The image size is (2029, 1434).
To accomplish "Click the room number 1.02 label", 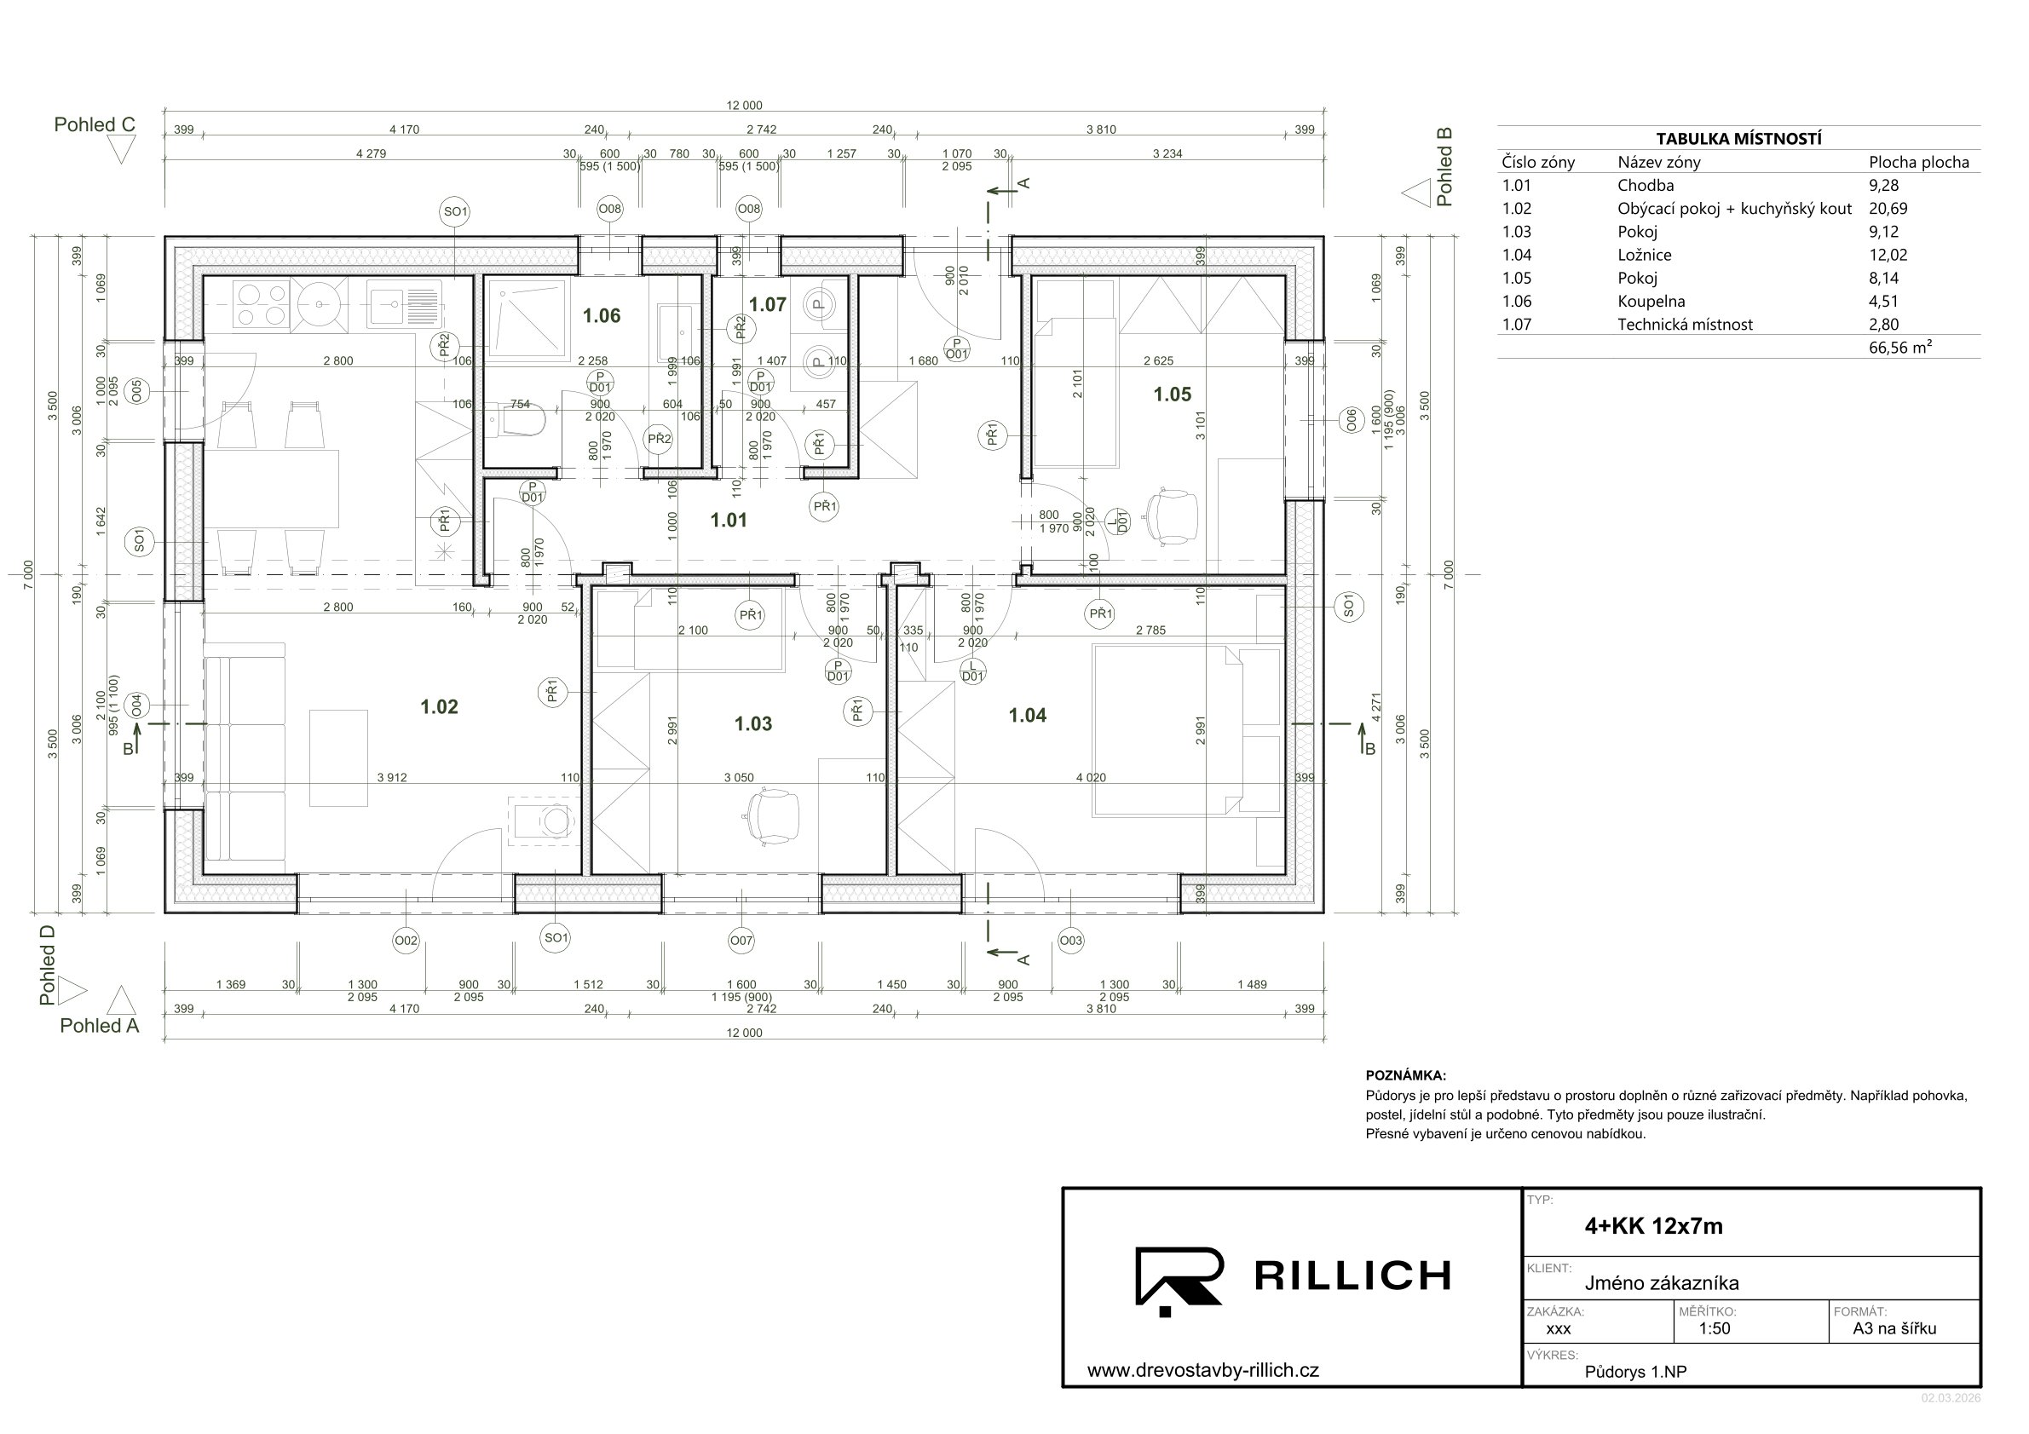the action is pos(439,707).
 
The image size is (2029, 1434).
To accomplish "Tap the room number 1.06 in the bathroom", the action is pos(601,315).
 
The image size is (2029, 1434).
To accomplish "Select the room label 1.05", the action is pos(1172,394).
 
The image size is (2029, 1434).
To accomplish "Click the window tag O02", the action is pos(406,941).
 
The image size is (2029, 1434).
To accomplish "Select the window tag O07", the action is pos(741,941).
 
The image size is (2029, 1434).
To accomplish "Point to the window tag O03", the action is pos(1070,941).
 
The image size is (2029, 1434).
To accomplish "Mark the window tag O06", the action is pos(1350,421).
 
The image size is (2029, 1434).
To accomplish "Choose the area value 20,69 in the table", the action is pos(1888,209).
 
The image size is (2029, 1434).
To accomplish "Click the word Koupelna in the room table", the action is pos(1651,302).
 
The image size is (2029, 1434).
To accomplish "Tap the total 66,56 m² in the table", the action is pos(1900,348).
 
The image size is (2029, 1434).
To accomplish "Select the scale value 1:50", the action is pos(1715,1329).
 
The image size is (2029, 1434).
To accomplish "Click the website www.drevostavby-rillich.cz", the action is pos(1202,1371).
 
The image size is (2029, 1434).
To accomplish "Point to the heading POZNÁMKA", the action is pos(1406,1076).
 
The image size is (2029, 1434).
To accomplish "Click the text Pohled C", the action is pos(95,124).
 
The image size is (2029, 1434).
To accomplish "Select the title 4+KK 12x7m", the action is pos(1653,1226).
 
